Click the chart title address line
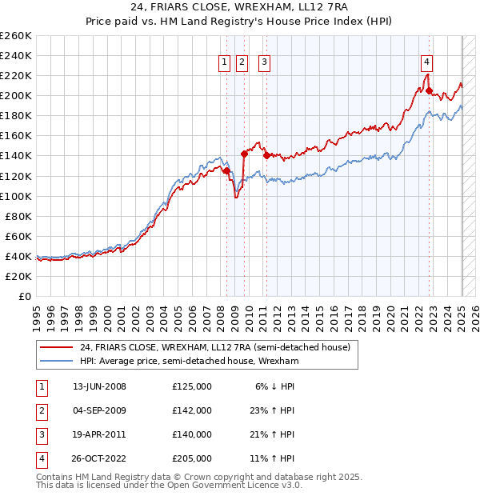click(240, 8)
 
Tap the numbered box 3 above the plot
click(264, 62)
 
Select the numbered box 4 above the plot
click(428, 62)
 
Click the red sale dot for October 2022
click(430, 91)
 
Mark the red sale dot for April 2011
click(266, 156)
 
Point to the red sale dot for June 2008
click(226, 170)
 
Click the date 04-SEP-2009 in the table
click(99, 410)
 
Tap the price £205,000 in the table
click(192, 458)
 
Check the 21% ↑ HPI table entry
click(273, 434)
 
